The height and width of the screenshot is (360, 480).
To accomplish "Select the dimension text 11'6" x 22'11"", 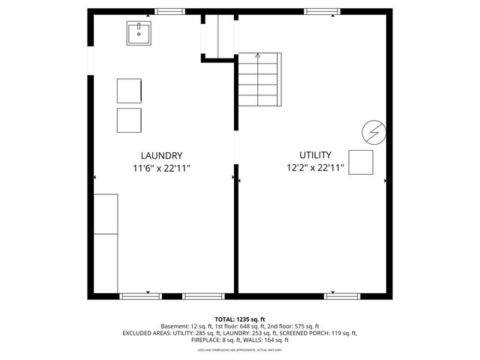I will coord(162,168).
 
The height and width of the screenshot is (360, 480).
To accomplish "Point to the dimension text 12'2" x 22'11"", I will coord(316,168).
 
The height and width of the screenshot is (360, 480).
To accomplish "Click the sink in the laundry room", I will coord(139,34).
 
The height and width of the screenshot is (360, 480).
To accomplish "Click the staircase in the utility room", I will coord(259,79).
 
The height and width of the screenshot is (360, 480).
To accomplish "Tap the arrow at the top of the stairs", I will coord(259,55).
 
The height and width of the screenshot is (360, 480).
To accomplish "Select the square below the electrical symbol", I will coord(361,162).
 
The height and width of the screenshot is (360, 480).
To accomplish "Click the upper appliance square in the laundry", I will coord(130,90).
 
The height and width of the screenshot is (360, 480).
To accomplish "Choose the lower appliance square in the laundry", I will coord(130,120).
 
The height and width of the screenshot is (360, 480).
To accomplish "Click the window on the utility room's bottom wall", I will coord(340,296).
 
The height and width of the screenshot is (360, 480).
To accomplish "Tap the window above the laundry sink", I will coord(170,11).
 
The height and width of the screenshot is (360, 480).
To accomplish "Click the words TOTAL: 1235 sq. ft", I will coord(240,319).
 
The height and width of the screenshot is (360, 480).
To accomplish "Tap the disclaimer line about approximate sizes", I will coord(240,349).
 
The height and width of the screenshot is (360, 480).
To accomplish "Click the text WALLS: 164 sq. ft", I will coord(268,340).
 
